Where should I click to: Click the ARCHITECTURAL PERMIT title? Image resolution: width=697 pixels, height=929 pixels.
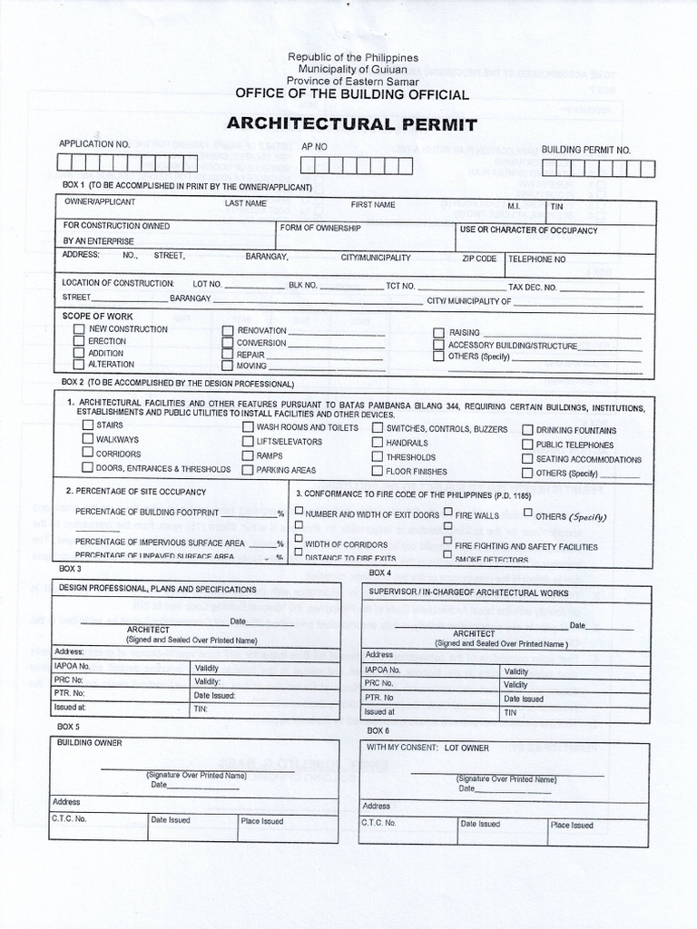tap(351, 124)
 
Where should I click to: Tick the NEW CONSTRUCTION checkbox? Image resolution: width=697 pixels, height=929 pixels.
tap(79, 329)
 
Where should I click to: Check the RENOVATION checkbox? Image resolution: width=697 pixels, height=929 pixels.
tap(228, 330)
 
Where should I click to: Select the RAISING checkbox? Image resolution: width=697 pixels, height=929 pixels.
tap(438, 333)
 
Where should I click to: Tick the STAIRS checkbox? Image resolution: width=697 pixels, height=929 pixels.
tap(87, 425)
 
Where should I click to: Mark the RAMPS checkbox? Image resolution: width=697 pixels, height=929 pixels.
tap(248, 455)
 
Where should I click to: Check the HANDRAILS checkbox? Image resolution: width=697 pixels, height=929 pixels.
tap(378, 442)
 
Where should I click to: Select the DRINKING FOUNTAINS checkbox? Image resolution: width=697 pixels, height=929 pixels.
tap(527, 430)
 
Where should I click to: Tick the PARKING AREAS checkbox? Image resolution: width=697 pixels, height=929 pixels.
tap(248, 470)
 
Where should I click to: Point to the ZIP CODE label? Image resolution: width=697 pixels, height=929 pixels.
tap(479, 259)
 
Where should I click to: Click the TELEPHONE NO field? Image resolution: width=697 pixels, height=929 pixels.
tap(581, 265)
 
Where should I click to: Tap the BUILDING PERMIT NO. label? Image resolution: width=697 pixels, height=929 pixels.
tap(585, 150)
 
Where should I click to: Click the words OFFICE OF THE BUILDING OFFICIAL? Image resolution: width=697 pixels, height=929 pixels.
tap(352, 94)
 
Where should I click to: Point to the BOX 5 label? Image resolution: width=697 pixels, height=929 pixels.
tap(64, 727)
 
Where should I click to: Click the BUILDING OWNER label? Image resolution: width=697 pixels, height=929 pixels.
tap(89, 743)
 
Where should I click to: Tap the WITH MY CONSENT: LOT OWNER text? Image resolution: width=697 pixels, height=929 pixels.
tap(427, 748)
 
